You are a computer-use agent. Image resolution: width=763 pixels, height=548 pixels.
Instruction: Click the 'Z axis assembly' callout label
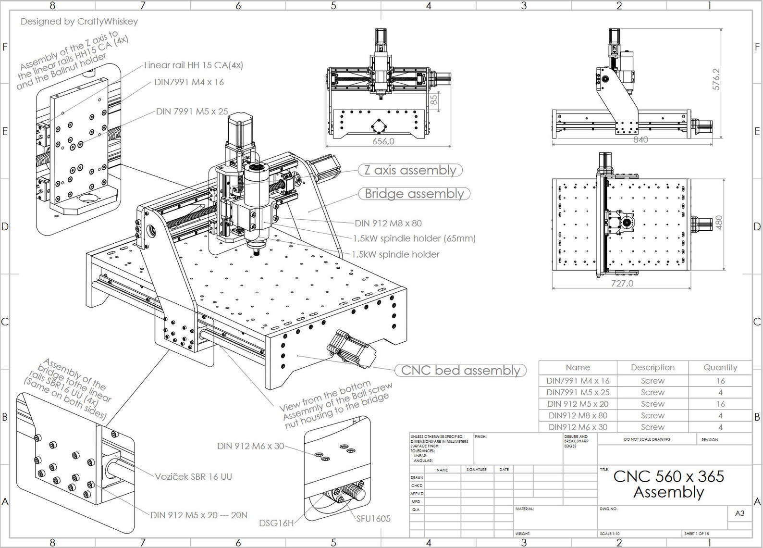(410, 170)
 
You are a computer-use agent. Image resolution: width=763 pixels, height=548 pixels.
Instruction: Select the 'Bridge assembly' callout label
(414, 194)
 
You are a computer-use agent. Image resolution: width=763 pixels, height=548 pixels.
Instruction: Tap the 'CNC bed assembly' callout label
(460, 370)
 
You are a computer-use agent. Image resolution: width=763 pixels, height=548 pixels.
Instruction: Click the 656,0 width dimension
(383, 141)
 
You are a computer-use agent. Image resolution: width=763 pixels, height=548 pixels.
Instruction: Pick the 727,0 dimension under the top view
(622, 284)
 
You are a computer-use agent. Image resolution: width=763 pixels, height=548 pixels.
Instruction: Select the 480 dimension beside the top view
(719, 222)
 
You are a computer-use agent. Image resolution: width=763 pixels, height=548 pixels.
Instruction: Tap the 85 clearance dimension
(433, 100)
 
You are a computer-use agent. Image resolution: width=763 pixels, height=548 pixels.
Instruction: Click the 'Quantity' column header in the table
(720, 367)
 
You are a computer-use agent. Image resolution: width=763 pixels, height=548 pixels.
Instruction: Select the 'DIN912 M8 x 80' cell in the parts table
(578, 415)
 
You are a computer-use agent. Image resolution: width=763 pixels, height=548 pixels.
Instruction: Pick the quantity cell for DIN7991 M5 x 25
(720, 392)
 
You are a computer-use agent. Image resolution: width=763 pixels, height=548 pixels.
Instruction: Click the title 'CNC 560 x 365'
(668, 476)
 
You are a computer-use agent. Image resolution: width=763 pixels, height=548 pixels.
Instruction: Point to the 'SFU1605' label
(373, 519)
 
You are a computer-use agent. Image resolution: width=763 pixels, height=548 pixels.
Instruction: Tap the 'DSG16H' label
(276, 523)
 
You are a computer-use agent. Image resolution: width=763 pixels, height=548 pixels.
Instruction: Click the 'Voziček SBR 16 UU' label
(193, 477)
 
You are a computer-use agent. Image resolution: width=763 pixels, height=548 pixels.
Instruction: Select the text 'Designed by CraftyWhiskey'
(79, 22)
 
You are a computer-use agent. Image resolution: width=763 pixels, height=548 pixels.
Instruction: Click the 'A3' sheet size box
(739, 513)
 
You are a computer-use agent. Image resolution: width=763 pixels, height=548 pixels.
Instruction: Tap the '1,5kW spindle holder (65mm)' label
(414, 238)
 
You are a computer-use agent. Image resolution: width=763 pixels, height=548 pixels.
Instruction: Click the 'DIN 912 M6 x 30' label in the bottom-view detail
(250, 446)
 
